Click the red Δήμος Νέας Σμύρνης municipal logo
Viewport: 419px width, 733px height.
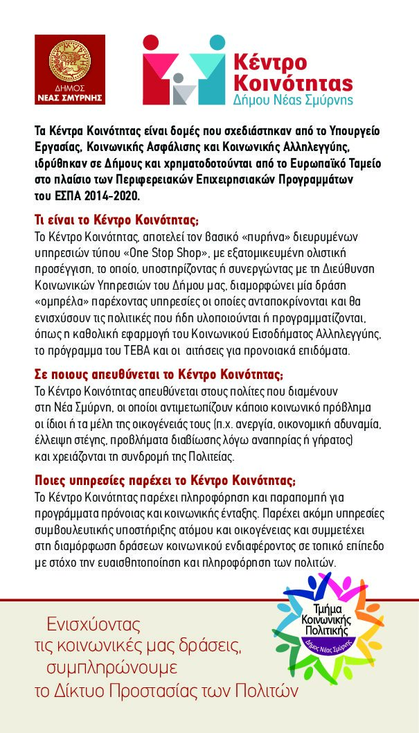[x=70, y=69]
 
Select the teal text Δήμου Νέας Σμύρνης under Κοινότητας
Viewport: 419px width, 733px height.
[x=293, y=100]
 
